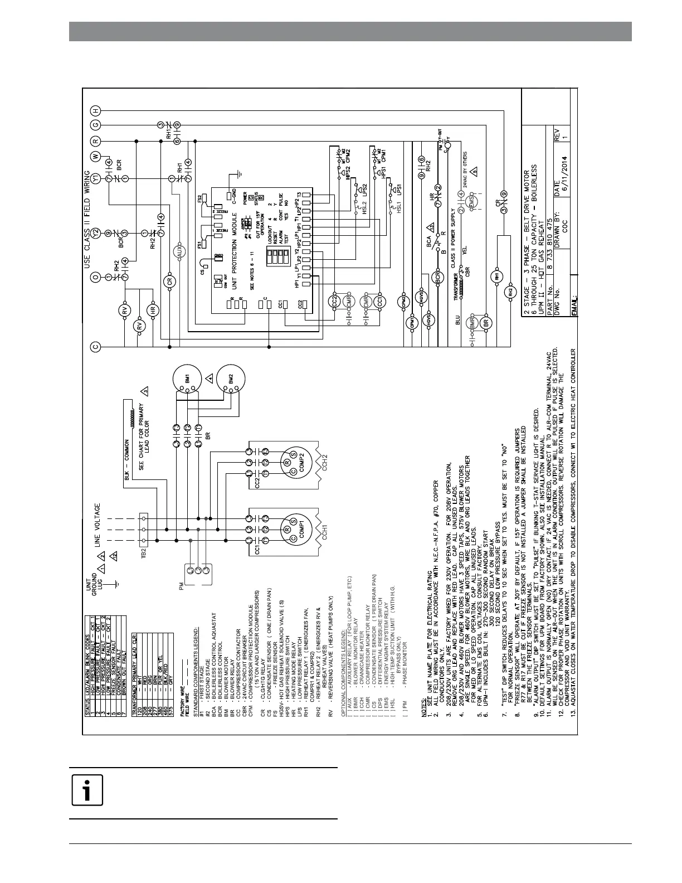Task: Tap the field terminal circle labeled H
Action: pos(95,110)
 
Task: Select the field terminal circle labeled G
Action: pos(95,126)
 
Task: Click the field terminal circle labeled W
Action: pos(95,156)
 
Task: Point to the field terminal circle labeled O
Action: pos(95,277)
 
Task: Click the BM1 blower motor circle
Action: pos(187,377)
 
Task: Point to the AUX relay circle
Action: pos(179,252)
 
